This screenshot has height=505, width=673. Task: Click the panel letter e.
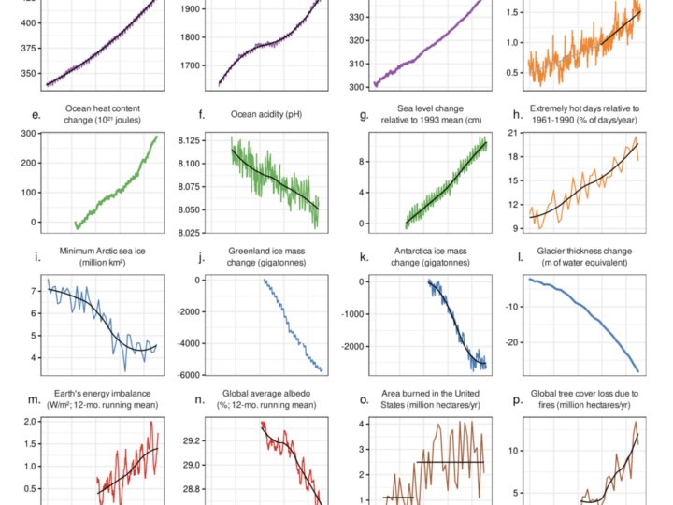pos(36,115)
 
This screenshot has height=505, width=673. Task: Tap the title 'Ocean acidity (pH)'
pos(266,114)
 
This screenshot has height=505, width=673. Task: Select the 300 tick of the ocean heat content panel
pos(29,134)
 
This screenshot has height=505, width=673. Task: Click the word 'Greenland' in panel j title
pos(247,251)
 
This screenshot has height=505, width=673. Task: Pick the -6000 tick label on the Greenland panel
pos(189,375)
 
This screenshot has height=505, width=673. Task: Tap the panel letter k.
pos(364,257)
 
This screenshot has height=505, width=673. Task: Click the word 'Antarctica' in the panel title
pos(413,251)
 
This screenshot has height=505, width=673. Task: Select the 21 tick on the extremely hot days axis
pos(513,133)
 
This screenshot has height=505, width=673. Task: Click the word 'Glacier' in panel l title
pos(551,251)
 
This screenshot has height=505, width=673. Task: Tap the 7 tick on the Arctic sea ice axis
pos(34,291)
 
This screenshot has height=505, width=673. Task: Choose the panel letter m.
pos(35,400)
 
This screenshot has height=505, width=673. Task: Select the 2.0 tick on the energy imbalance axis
pos(30,422)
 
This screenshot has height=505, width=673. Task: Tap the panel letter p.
pos(518,400)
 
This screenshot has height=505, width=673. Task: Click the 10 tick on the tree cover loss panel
pos(514,451)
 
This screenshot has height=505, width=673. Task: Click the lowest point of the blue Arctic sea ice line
pos(125,371)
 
